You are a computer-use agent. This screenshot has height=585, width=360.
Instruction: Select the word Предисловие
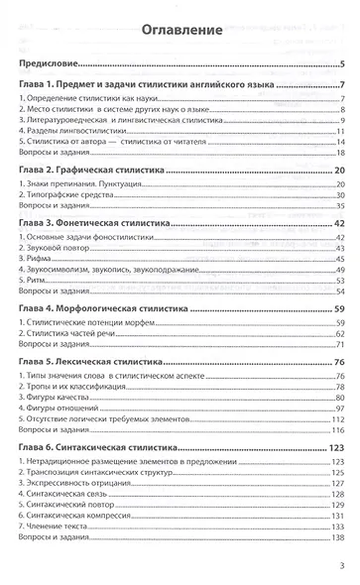click(x=49, y=64)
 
